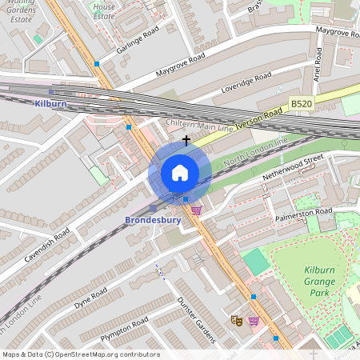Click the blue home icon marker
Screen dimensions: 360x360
coord(180,173)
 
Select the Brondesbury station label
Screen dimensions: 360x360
coord(153,219)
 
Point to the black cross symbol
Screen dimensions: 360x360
coord(186,140)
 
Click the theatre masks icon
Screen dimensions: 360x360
coord(236,320)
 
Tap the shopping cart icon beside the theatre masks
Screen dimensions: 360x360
coord(254,321)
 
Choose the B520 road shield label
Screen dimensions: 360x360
coord(301,104)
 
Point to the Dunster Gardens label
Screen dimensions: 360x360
coord(196,318)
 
